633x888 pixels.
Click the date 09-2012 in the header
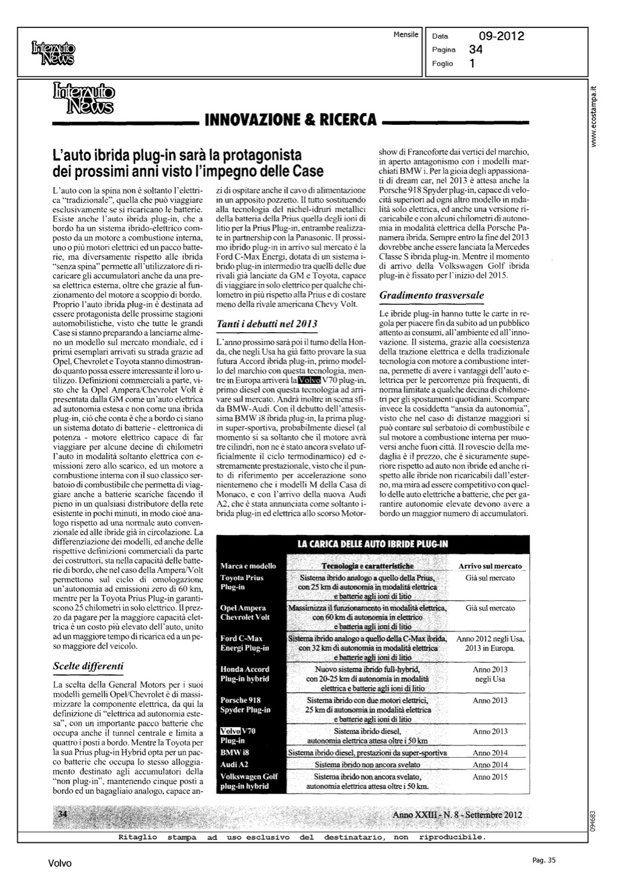[x=501, y=37]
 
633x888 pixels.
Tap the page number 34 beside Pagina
[x=475, y=50]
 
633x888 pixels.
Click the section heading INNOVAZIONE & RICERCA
[x=290, y=120]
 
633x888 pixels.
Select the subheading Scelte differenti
[x=88, y=666]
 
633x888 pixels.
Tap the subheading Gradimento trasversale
[x=432, y=295]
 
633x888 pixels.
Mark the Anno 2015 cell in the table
[x=490, y=777]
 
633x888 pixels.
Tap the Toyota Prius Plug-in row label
[x=242, y=583]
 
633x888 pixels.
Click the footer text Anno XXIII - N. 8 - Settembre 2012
[x=457, y=815]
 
